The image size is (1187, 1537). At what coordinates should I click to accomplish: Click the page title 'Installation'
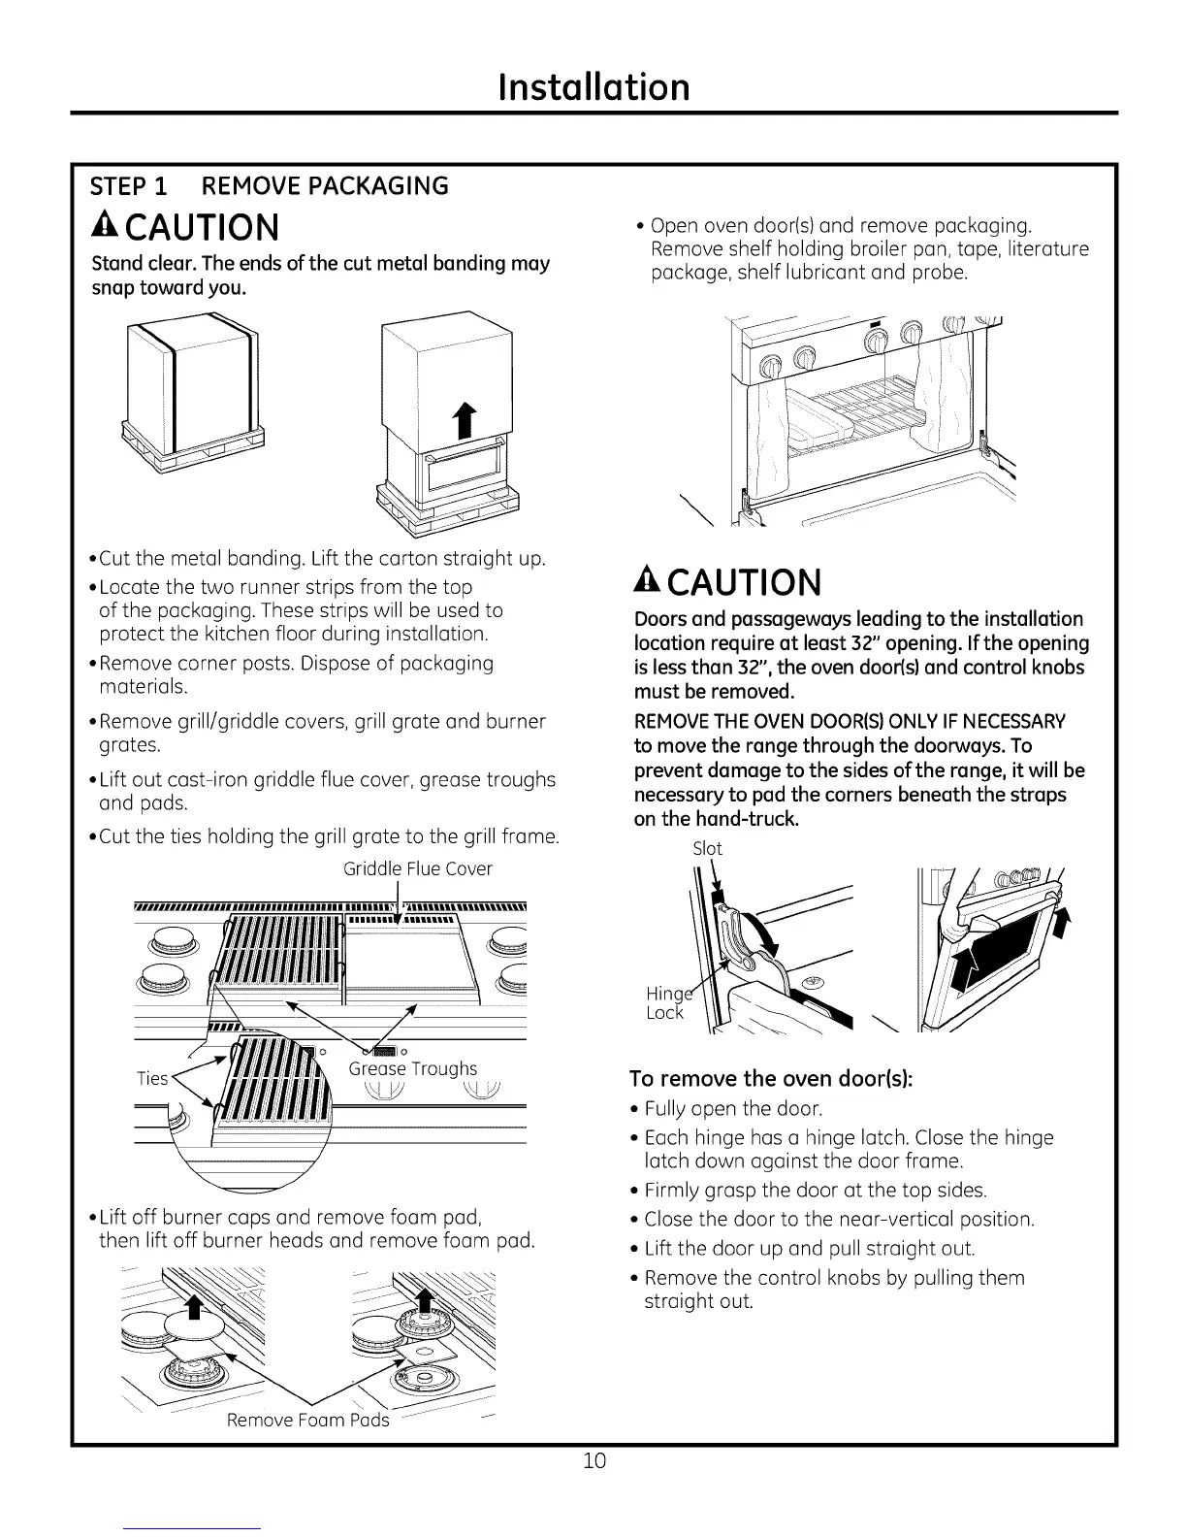click(593, 86)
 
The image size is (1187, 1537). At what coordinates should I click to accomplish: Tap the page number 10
click(594, 1460)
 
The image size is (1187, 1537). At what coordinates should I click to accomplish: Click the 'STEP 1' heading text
click(128, 185)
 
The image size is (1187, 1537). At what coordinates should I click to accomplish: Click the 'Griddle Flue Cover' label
click(418, 868)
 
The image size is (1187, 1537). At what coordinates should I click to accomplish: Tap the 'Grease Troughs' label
click(413, 1068)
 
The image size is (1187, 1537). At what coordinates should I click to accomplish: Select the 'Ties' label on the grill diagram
click(152, 1078)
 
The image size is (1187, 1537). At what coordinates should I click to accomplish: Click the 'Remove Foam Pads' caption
click(307, 1420)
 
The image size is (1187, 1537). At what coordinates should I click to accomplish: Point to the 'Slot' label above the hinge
click(707, 848)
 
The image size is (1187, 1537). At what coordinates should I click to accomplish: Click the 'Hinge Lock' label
click(666, 1002)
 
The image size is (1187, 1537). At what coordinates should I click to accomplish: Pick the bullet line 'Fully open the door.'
click(733, 1108)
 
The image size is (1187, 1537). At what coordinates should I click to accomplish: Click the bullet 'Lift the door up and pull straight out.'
click(809, 1248)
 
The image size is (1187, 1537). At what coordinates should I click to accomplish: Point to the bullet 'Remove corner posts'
click(297, 664)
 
